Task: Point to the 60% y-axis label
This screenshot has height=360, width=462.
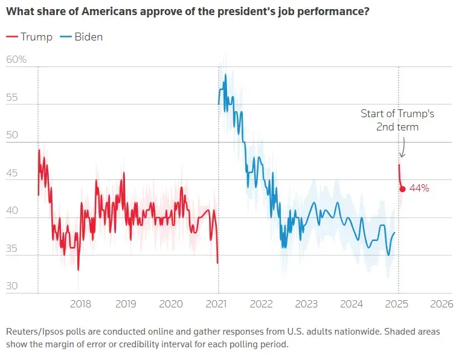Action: point(16,60)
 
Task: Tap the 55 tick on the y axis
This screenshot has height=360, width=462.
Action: point(13,97)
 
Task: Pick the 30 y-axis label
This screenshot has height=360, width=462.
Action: point(13,286)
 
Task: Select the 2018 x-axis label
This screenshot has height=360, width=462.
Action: point(80,304)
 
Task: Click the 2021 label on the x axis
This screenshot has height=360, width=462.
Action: point(217,304)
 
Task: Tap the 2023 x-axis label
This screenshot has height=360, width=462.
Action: point(307,304)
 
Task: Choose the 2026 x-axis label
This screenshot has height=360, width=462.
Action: point(441,304)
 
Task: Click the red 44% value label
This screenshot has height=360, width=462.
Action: point(419,188)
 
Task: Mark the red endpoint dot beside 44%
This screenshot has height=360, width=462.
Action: point(402,189)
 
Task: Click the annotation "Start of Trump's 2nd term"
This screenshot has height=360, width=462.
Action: point(397,120)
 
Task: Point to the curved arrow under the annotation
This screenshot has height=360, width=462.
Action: point(403,148)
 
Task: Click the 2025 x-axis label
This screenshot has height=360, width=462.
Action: point(397,304)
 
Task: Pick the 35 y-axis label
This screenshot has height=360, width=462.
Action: point(13,249)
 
